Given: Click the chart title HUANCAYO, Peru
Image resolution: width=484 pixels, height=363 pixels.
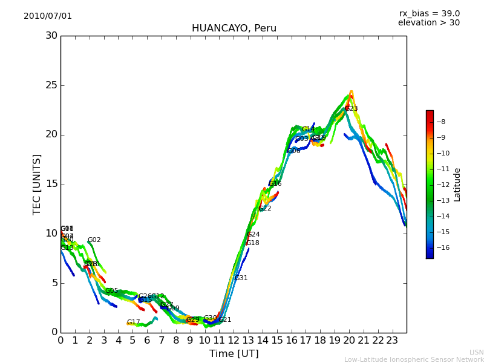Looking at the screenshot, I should click(x=234, y=28).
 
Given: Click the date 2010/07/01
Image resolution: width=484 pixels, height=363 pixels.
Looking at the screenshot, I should click(x=48, y=16).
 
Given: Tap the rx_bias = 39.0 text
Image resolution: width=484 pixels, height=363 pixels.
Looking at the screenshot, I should click(x=429, y=13).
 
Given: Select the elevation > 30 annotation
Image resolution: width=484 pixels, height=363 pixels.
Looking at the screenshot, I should click(x=428, y=23).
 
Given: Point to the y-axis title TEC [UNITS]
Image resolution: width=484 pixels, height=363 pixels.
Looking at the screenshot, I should click(x=37, y=184).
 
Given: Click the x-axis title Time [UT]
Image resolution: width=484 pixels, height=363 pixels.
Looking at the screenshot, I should click(x=234, y=354).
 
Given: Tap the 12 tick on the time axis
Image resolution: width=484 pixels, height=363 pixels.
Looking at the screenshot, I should click(x=234, y=340).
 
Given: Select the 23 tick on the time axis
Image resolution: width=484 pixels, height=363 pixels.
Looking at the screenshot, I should click(x=392, y=340).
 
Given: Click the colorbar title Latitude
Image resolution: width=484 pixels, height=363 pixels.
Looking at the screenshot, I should click(x=457, y=184).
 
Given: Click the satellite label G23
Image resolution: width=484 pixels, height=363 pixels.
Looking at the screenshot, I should click(x=352, y=109).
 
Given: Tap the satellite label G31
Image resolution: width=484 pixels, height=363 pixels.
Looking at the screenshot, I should click(x=241, y=278).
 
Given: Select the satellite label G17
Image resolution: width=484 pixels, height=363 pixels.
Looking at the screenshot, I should click(x=133, y=322).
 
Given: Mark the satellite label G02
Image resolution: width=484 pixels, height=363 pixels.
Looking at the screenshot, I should click(x=94, y=240).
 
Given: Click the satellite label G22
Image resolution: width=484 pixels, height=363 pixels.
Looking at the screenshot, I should click(x=265, y=209).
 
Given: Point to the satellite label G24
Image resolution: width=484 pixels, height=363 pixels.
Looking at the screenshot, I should click(x=253, y=235).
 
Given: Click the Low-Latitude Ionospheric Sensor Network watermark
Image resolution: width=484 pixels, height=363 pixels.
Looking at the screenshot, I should click(x=414, y=359).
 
